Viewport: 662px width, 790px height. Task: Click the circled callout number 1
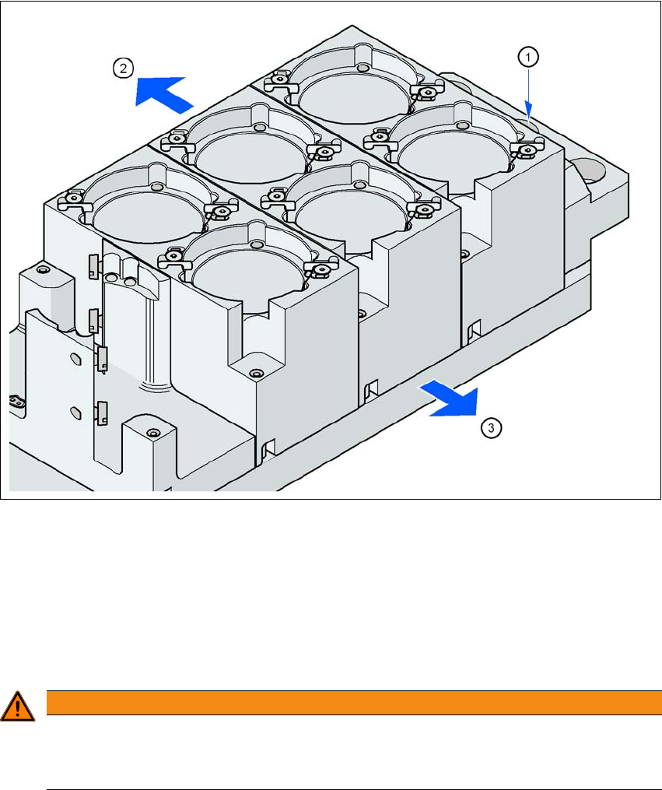(528, 58)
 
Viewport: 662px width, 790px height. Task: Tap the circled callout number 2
(124, 68)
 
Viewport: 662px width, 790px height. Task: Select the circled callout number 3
(492, 428)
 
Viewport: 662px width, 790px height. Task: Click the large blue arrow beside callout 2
(164, 93)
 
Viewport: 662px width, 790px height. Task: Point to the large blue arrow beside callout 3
(450, 399)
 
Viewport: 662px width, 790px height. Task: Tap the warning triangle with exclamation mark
(17, 707)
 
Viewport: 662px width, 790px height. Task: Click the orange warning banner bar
(354, 702)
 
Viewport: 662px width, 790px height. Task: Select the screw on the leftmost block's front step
(257, 374)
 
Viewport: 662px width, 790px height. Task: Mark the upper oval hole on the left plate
(75, 359)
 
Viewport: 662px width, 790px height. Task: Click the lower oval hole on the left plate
(75, 413)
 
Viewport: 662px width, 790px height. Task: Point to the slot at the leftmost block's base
(268, 448)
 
